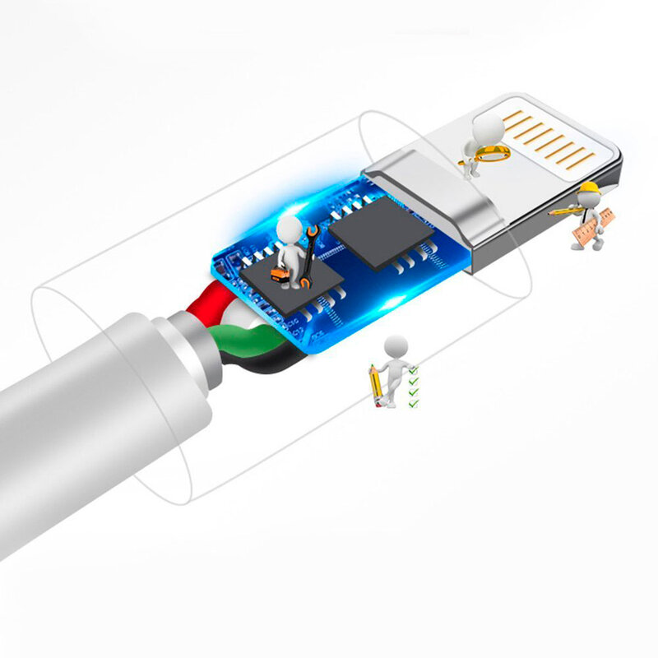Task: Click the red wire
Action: [x=201, y=305]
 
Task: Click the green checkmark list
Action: [x=414, y=387]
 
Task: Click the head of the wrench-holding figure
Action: [x=290, y=226]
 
